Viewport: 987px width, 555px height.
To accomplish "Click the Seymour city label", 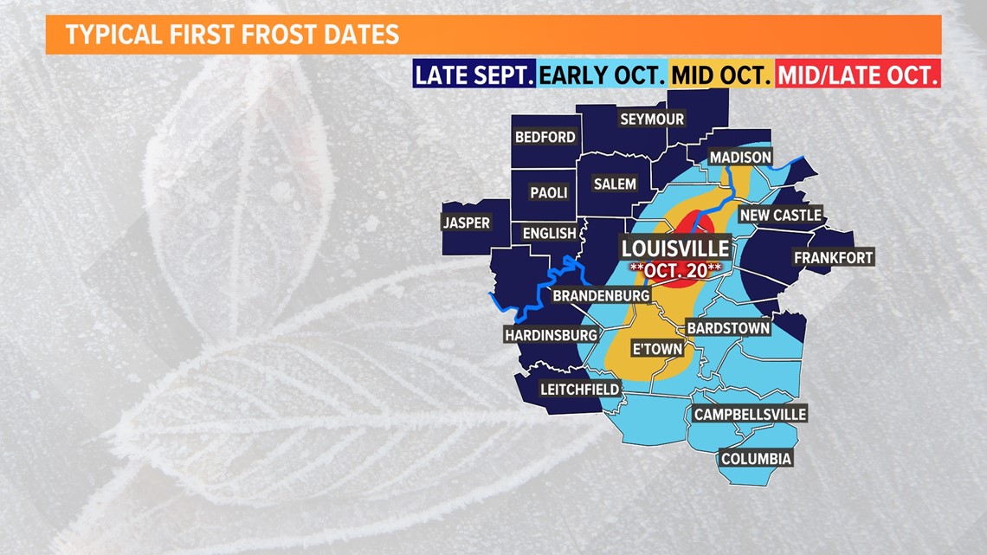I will (x=652, y=119).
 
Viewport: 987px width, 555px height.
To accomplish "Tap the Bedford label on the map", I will (x=545, y=137).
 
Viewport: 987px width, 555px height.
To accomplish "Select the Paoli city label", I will (x=548, y=192).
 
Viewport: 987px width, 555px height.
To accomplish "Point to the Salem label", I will (x=615, y=184).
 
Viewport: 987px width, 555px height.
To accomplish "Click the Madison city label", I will (x=739, y=157).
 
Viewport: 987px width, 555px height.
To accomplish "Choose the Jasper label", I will (x=467, y=223).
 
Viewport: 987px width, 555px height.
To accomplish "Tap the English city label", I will (x=549, y=233).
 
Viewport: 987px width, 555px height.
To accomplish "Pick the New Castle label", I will (x=780, y=215).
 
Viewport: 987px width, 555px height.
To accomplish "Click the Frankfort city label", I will (x=834, y=257).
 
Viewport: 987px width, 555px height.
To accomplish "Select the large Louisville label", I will (x=676, y=248).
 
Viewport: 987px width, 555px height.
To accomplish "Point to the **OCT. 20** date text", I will (x=676, y=269).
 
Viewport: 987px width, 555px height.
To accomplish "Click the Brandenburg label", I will (x=601, y=295).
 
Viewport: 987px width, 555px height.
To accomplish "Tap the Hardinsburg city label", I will (x=551, y=334).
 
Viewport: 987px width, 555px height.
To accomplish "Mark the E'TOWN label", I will (x=657, y=348).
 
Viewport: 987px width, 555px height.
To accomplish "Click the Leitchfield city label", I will (x=579, y=389).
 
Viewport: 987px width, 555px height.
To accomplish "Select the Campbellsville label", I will (x=750, y=414).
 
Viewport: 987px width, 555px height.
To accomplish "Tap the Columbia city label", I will (x=756, y=458).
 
